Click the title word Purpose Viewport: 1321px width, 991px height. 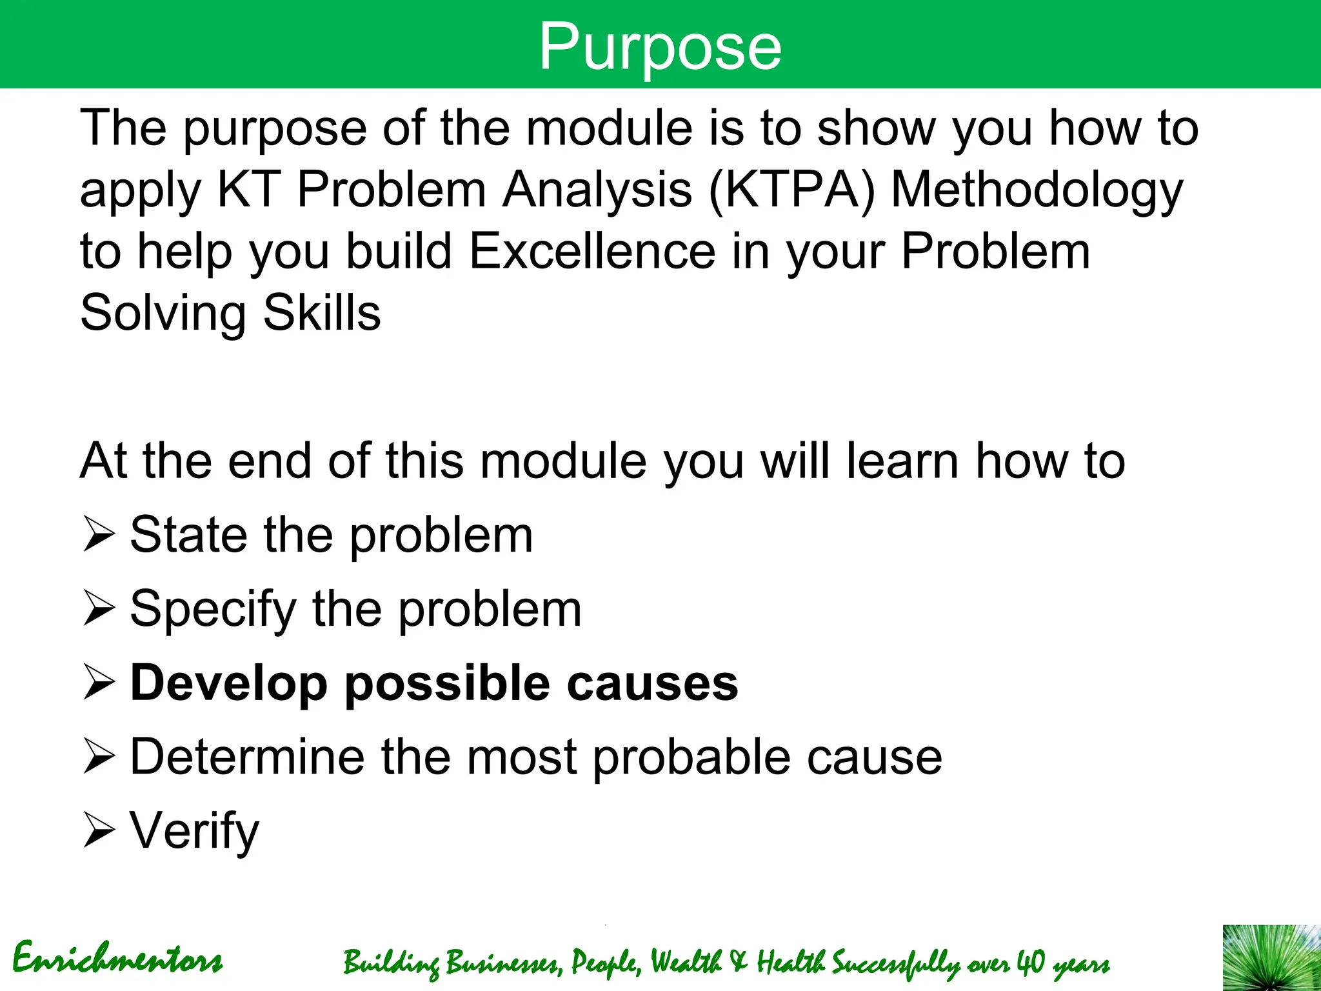(x=660, y=46)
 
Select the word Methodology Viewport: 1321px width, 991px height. (x=1037, y=191)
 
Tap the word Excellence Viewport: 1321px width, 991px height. (x=591, y=251)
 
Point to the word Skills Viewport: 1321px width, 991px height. (x=322, y=313)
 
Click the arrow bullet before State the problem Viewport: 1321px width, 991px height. (x=99, y=536)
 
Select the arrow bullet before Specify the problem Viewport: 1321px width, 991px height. (x=99, y=610)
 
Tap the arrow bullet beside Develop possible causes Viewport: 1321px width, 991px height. (x=99, y=684)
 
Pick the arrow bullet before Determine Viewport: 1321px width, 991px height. (x=99, y=757)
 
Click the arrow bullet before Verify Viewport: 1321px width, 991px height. (x=99, y=832)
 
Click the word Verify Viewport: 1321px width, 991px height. (x=194, y=832)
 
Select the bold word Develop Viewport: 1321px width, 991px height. (x=229, y=684)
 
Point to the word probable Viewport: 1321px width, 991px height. (x=692, y=757)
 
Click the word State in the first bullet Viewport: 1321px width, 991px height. (x=188, y=536)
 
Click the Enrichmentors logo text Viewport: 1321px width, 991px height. (x=117, y=959)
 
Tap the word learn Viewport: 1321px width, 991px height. (x=902, y=461)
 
